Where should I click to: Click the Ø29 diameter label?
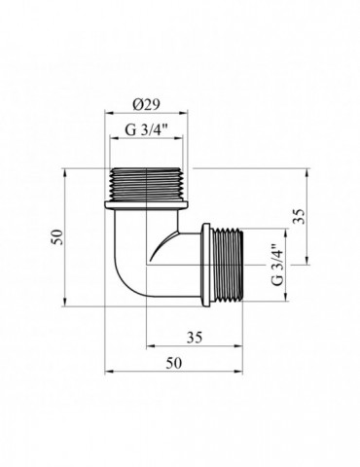[x=146, y=105]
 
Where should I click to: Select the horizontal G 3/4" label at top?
[x=146, y=130]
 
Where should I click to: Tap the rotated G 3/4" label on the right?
[x=277, y=265]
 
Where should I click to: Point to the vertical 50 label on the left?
[x=57, y=237]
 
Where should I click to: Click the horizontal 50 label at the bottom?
[x=174, y=363]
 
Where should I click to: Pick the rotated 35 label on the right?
[x=299, y=216]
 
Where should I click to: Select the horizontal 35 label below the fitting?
[x=195, y=338]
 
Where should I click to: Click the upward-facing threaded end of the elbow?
[x=147, y=185]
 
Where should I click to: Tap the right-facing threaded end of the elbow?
[x=227, y=266]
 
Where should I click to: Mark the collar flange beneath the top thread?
[x=146, y=205]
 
